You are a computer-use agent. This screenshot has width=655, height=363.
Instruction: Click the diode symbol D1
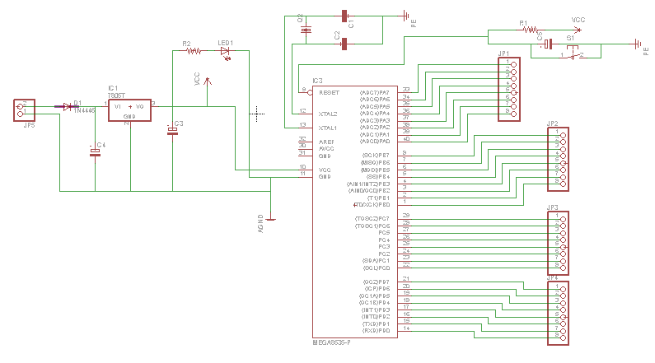[68, 106]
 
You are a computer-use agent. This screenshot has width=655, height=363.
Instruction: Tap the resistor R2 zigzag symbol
[193, 51]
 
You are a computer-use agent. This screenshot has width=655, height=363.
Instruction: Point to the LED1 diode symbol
[225, 51]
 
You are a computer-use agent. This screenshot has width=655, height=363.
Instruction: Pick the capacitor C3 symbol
[172, 131]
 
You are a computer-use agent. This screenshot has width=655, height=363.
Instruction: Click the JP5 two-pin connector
[24, 109]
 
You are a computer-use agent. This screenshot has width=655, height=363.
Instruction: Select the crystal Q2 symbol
[306, 30]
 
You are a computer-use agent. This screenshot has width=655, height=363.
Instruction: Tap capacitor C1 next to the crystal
[344, 16]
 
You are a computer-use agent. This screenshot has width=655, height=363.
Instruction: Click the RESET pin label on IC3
[329, 93]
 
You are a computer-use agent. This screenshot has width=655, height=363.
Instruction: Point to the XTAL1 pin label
[329, 128]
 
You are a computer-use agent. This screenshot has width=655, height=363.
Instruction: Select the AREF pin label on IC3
[326, 142]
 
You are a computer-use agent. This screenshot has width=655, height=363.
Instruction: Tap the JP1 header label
[503, 54]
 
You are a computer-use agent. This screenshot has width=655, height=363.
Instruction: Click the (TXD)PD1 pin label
[376, 323]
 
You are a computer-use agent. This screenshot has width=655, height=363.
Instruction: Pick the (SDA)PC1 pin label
[376, 261]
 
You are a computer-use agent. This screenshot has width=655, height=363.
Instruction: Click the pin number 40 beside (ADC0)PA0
[405, 139]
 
